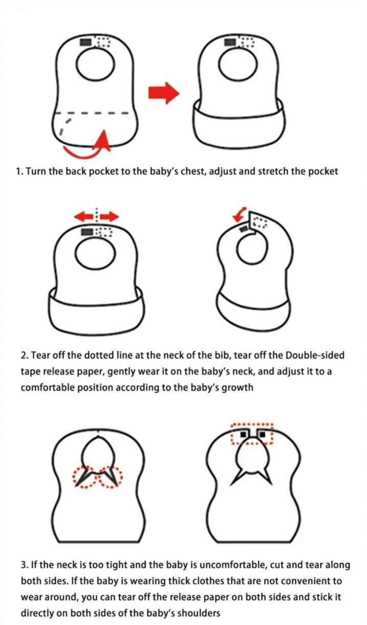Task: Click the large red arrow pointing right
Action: click(x=163, y=93)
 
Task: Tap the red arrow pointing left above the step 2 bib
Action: click(x=83, y=216)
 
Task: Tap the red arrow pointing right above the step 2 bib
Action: click(x=110, y=216)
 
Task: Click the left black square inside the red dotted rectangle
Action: click(x=243, y=434)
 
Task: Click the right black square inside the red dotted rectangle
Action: click(x=262, y=434)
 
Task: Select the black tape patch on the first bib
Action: click(x=86, y=42)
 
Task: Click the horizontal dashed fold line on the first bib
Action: click(x=92, y=113)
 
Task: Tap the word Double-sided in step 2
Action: click(x=315, y=355)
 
